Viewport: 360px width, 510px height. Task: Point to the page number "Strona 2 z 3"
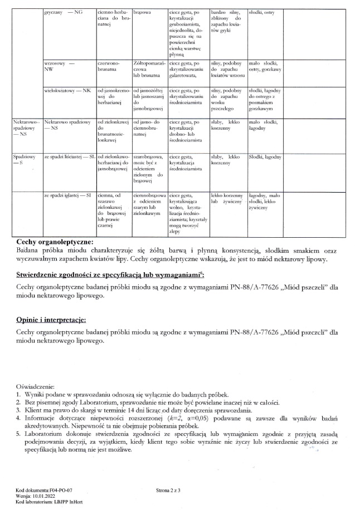172,490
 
